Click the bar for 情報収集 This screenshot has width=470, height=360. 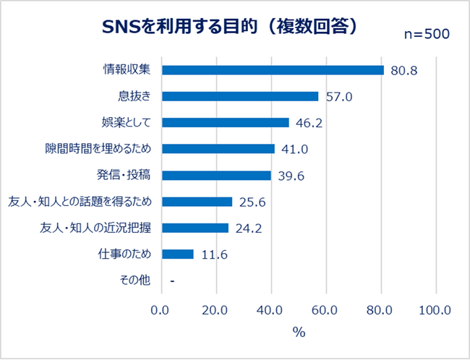pyautogui.click(x=273, y=70)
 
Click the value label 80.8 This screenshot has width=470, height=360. pyautogui.click(x=404, y=71)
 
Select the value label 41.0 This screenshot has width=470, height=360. pyautogui.click(x=296, y=149)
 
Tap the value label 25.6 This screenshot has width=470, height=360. pyautogui.click(x=253, y=202)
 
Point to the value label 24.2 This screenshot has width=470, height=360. pyautogui.click(x=249, y=228)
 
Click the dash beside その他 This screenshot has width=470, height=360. pyautogui.click(x=172, y=280)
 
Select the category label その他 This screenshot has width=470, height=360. pyautogui.click(x=135, y=280)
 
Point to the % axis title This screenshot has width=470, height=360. pyautogui.click(x=299, y=333)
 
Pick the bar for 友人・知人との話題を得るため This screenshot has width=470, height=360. pyautogui.click(x=197, y=202)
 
